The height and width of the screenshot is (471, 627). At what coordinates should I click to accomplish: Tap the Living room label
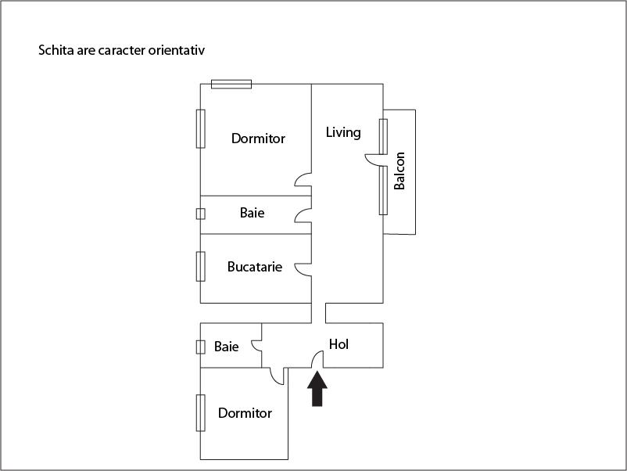click(343, 132)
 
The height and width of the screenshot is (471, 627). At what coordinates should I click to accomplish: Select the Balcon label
click(399, 171)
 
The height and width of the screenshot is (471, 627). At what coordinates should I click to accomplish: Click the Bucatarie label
click(255, 267)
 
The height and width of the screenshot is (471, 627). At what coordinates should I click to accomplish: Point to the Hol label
click(339, 344)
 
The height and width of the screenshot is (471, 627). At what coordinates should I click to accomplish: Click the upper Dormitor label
click(258, 138)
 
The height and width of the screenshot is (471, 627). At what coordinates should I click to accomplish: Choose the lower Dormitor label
click(245, 413)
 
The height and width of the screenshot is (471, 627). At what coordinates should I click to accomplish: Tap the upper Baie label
click(252, 213)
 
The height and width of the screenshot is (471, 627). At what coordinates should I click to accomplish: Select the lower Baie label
click(226, 347)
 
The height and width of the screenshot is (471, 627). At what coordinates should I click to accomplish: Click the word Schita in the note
click(56, 51)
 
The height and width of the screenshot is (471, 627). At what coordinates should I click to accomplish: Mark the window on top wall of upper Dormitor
click(231, 84)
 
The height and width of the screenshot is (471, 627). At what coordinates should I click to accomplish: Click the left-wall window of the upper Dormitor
click(201, 128)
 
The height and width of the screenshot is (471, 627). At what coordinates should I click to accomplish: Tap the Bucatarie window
click(201, 266)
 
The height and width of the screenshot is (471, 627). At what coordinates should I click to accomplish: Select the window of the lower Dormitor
click(201, 413)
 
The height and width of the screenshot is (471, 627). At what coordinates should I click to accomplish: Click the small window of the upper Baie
click(201, 214)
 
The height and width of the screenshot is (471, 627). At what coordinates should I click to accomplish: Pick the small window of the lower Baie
click(201, 347)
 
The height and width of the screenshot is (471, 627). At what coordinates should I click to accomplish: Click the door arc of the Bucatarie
click(303, 268)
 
